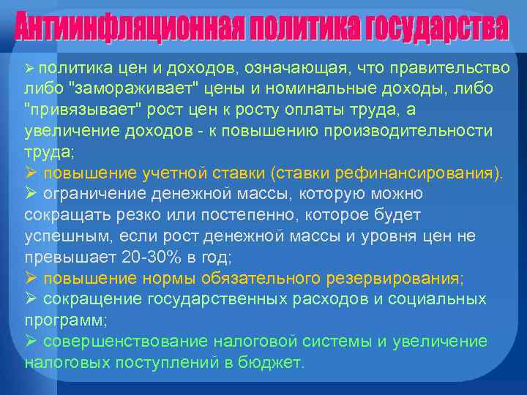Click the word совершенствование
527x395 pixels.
click(x=124, y=341)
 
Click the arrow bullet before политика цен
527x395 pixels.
click(x=30, y=68)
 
